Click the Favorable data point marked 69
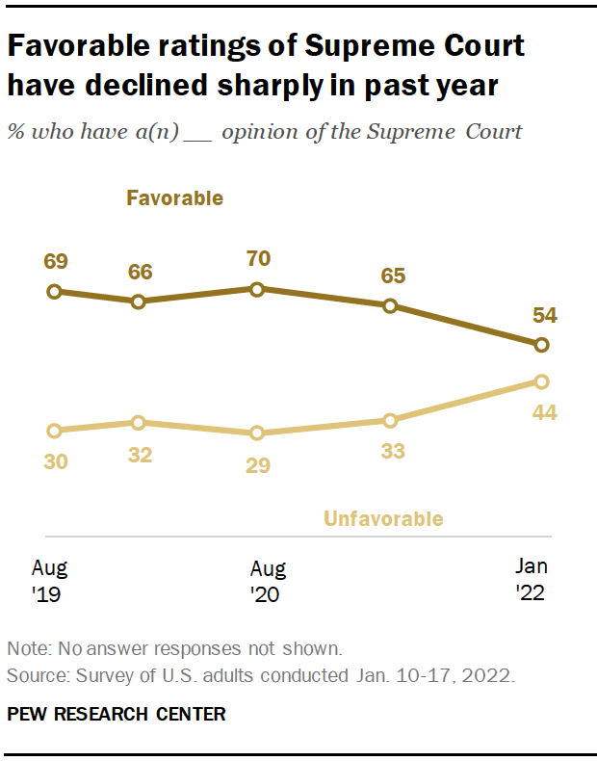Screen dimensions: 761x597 tap(54, 291)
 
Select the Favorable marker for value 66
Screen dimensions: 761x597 tap(139, 302)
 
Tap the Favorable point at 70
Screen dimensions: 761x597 tap(257, 288)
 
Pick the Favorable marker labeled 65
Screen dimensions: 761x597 tap(390, 305)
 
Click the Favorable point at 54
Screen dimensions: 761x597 tap(541, 344)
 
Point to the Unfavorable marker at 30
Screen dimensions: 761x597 tap(54, 431)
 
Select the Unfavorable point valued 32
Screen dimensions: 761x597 tap(139, 422)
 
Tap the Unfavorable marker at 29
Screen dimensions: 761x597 tap(257, 433)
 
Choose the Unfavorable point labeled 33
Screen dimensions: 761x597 tap(390, 420)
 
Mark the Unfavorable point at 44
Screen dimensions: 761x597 tap(541, 381)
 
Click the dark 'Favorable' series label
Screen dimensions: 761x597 tap(174, 198)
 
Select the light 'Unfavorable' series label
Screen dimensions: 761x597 tap(383, 519)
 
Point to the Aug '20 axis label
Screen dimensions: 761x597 tap(268, 581)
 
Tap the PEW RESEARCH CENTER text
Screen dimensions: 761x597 tap(117, 714)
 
